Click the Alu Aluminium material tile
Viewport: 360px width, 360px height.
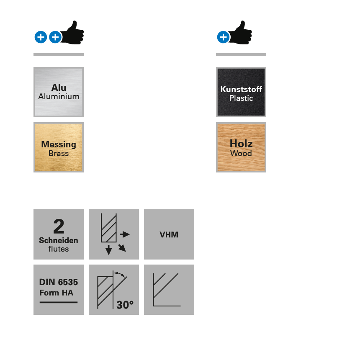59,92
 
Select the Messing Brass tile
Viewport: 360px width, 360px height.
59,147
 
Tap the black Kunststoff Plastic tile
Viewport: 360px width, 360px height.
241,92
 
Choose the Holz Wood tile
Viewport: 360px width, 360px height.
241,147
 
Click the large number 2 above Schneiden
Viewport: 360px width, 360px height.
59,226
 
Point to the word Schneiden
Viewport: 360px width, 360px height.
59,240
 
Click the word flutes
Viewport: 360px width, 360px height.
59,249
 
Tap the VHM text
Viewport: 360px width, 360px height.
169,234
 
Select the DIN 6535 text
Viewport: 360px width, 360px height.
59,282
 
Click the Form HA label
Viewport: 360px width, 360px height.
56,293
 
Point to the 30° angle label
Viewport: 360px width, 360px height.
125,305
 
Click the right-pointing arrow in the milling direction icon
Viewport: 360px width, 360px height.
125,234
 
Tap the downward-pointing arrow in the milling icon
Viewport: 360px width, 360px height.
109,250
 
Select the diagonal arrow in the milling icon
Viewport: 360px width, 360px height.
122,248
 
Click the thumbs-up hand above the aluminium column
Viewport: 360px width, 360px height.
73,33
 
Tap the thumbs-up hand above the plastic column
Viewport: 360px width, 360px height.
242,33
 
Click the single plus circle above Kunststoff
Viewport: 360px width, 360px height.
223,37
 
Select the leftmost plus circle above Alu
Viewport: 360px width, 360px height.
41,37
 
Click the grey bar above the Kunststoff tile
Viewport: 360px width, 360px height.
241,54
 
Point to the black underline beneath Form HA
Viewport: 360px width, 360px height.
59,302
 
